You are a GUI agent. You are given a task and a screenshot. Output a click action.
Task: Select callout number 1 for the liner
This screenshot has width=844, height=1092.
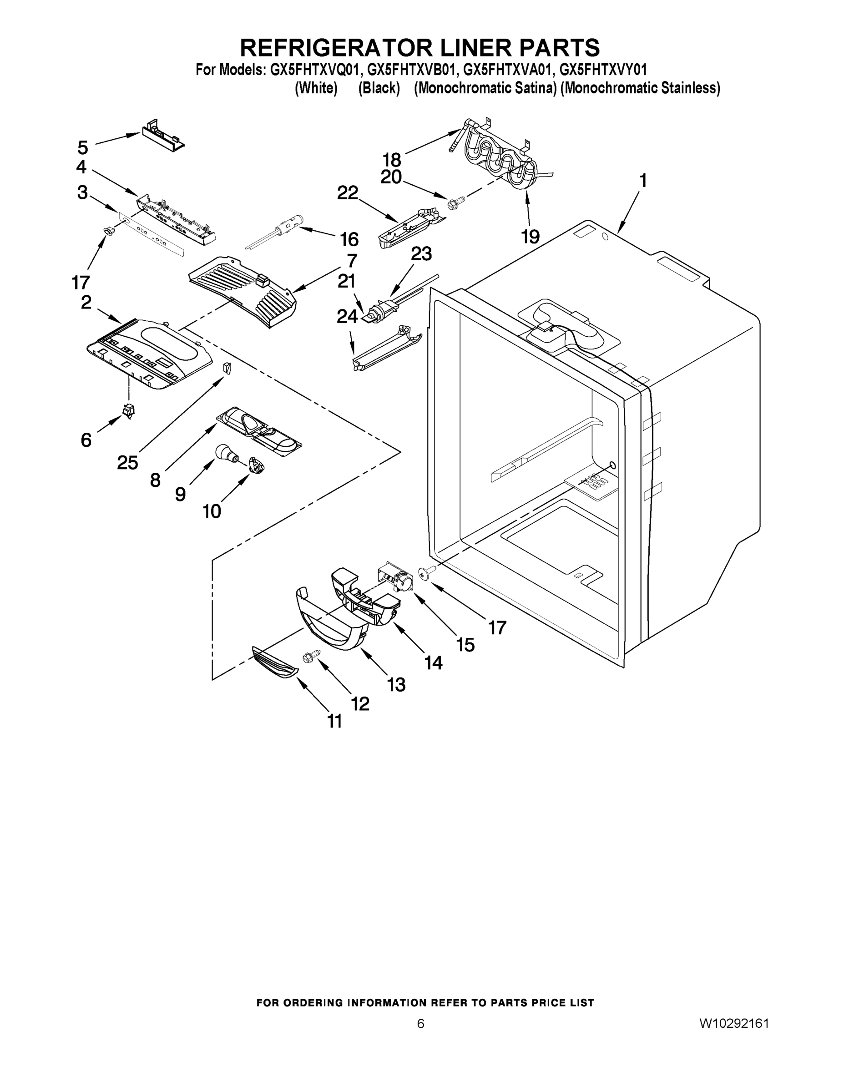pos(643,181)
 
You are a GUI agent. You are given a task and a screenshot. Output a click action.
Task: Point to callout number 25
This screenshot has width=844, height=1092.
pos(127,463)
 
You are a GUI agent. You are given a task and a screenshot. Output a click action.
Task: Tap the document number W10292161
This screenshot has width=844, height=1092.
pos(733,1023)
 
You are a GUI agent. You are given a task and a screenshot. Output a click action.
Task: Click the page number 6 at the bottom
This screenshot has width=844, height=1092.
pos(420,1023)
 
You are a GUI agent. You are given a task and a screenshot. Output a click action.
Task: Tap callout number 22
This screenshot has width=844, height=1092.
pos(348,192)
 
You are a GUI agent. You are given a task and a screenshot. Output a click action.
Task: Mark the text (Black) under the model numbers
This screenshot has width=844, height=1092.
pos(379,89)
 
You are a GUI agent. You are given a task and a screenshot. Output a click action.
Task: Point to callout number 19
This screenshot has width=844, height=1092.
pos(531,236)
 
